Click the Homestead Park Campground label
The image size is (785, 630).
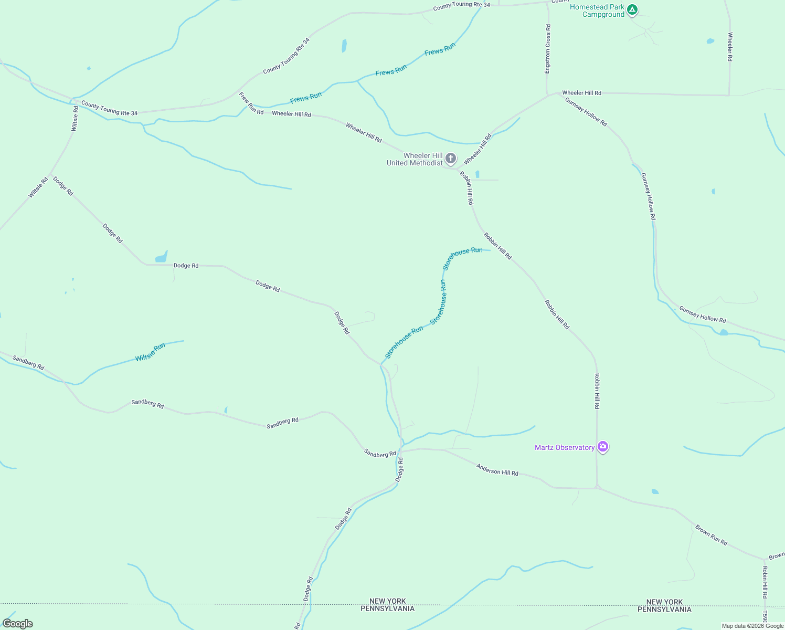[x=597, y=10]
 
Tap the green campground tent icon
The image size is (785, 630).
[x=633, y=9]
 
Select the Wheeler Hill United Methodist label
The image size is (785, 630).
[x=415, y=159]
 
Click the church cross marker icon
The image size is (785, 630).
[x=450, y=158]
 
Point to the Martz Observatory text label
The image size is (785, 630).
[x=565, y=447]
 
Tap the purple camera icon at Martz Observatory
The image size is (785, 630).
[x=603, y=447]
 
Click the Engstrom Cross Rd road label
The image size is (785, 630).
[x=548, y=49]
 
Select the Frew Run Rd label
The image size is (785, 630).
[x=251, y=103]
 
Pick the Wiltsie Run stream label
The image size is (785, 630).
[x=150, y=352]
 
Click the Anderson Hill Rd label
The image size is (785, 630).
[x=497, y=469]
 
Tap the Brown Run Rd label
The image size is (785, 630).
[x=711, y=534]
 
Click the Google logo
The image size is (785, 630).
[x=17, y=624]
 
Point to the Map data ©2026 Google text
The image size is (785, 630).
[x=752, y=626]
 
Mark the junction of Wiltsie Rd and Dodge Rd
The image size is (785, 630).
[x=50, y=174]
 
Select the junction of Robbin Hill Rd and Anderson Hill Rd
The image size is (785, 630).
[x=597, y=488]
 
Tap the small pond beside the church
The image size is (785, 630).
[x=477, y=174]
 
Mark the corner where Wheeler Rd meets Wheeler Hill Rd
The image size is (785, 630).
[x=729, y=95]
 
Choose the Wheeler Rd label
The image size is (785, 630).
[x=730, y=47]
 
